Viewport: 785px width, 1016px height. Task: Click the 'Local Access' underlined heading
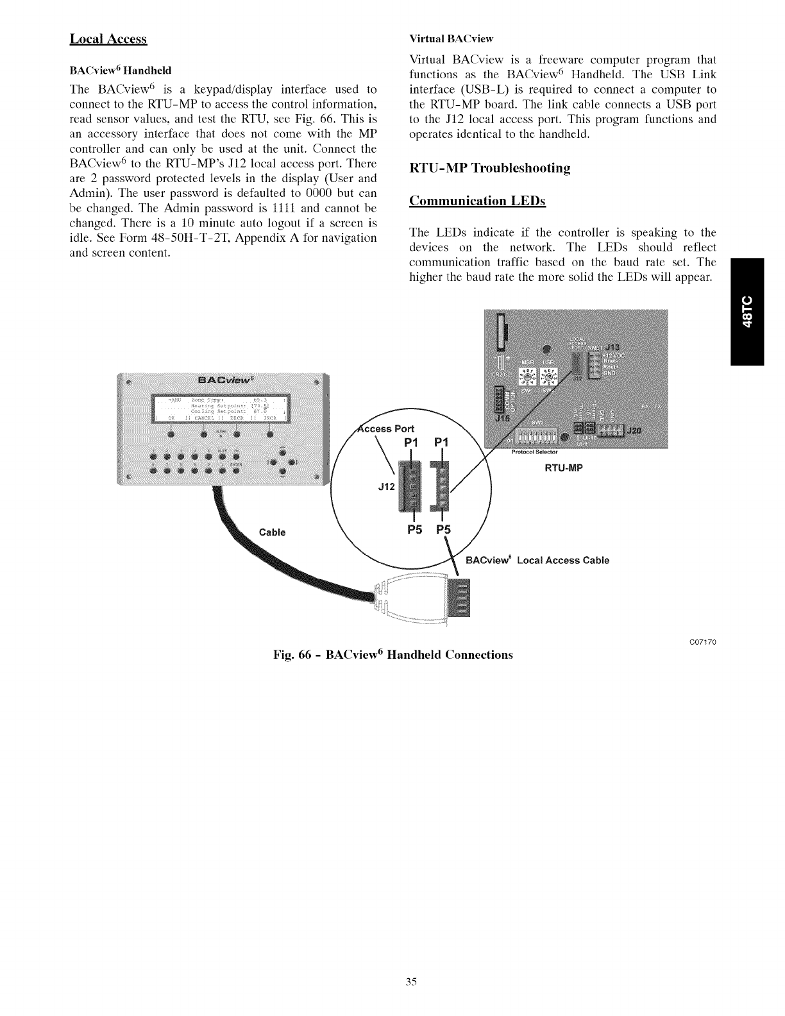108,39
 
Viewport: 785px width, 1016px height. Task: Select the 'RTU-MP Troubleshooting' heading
489,168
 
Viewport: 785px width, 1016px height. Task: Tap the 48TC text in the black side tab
752,310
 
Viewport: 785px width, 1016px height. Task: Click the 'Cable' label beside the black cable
272,532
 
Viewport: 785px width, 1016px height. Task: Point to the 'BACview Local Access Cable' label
537,560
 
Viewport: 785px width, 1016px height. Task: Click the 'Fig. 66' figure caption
393,655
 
